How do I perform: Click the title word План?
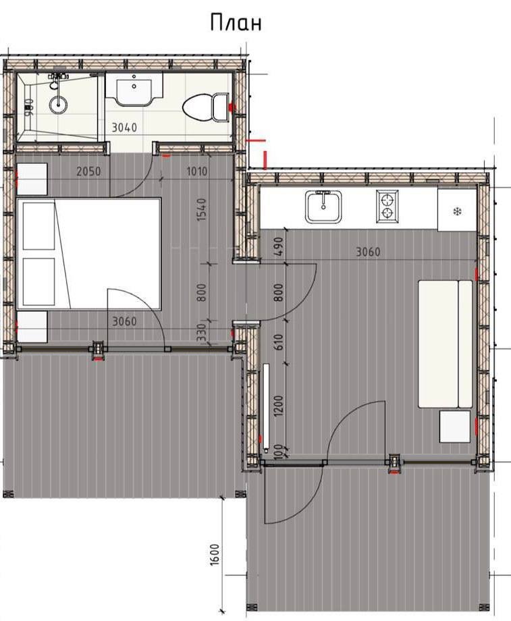click(236, 22)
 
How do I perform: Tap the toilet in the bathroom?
click(206, 107)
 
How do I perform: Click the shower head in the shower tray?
click(58, 104)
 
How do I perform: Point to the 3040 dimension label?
click(124, 128)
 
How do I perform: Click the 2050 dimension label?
click(88, 171)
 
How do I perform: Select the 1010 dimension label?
click(197, 172)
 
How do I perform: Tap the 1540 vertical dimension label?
click(202, 209)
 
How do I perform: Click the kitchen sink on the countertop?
click(323, 207)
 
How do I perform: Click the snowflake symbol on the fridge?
click(458, 211)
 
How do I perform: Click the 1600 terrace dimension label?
click(214, 555)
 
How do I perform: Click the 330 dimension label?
click(201, 333)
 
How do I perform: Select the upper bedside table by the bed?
click(32, 179)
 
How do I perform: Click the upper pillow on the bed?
click(39, 226)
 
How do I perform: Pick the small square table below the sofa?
click(455, 427)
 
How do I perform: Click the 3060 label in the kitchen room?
click(368, 252)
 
